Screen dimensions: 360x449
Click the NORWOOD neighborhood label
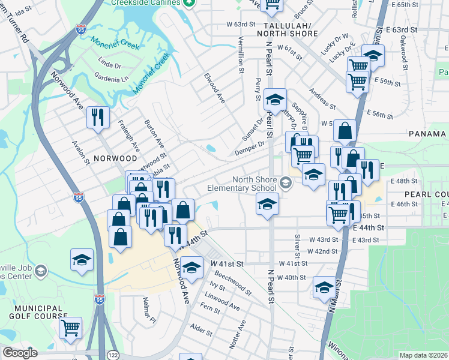pyautogui.click(x=115, y=158)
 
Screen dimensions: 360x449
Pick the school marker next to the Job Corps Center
pyautogui.click(x=82, y=260)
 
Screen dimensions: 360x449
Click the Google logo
pyautogui.click(x=20, y=353)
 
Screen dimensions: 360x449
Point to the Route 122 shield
pyautogui.click(x=112, y=354)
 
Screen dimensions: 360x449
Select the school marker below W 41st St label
pyautogui.click(x=192, y=268)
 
